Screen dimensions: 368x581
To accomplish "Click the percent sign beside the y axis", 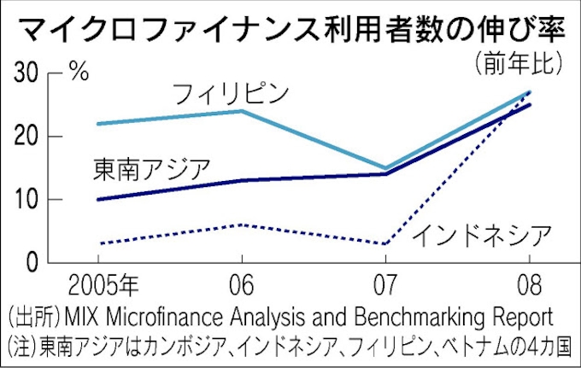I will (x=79, y=72).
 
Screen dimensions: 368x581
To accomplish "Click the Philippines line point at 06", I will (x=242, y=111).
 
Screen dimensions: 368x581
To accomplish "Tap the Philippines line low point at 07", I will (x=385, y=168).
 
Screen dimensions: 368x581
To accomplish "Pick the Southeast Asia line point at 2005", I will (x=98, y=200).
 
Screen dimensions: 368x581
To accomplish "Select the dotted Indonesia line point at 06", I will (x=242, y=225).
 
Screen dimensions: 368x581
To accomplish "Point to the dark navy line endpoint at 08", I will (x=530, y=105).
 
